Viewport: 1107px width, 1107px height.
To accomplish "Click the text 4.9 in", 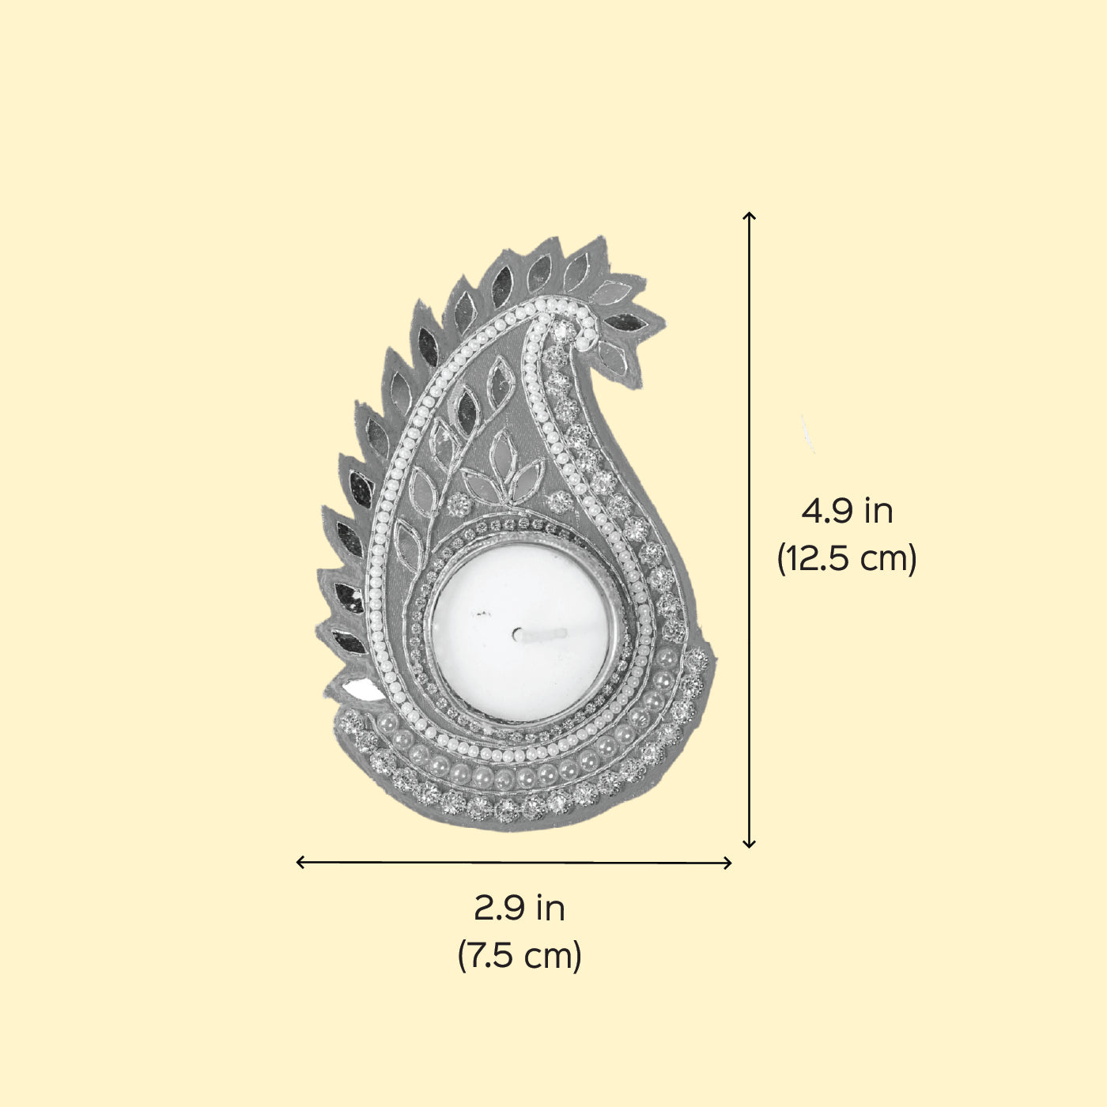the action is click(x=847, y=511).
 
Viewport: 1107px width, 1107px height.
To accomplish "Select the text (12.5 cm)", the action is click(x=847, y=558).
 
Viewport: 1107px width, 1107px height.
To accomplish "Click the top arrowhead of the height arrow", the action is click(x=749, y=215).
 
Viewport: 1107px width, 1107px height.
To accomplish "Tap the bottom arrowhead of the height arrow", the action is click(x=749, y=844).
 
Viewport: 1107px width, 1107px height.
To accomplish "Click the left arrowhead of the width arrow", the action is click(x=300, y=863).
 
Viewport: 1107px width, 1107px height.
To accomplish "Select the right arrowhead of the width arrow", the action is click(x=727, y=863).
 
